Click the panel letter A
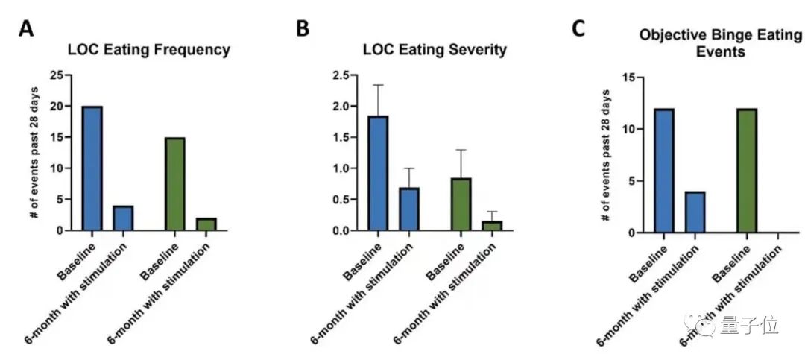coord(26,29)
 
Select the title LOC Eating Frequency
coord(148,50)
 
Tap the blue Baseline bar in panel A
coord(92,168)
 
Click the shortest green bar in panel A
coord(206,224)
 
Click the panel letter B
coord(303,29)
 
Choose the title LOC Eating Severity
coord(435,50)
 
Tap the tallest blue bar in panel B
coord(379,173)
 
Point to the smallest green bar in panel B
coord(493,226)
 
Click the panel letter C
coord(578,29)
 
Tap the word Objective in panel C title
coord(672,36)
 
